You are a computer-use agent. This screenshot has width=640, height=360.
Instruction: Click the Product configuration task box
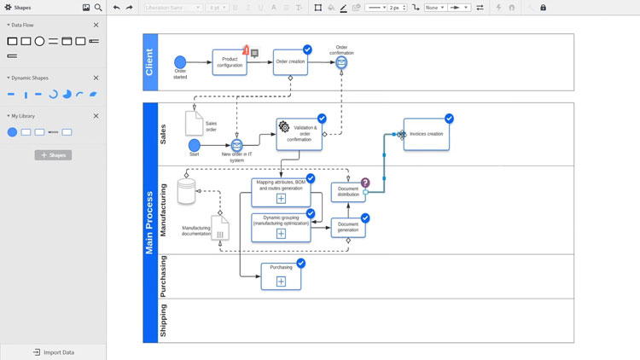pyautogui.click(x=230, y=63)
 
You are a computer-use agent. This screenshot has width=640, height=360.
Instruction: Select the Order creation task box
pyautogui.click(x=290, y=62)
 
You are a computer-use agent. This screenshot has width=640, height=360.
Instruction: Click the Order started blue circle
pyautogui.click(x=180, y=62)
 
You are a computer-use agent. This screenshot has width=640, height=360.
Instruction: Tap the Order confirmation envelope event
pyautogui.click(x=341, y=62)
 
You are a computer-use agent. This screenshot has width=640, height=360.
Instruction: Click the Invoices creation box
pyautogui.click(x=426, y=134)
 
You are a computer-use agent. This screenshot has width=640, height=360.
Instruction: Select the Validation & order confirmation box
pyautogui.click(x=300, y=134)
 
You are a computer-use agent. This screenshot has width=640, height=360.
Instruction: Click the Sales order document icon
pyautogui.click(x=194, y=123)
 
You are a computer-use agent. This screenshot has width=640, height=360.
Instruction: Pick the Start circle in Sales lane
pyautogui.click(x=195, y=146)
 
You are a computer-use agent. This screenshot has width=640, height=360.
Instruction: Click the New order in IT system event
pyautogui.click(x=237, y=146)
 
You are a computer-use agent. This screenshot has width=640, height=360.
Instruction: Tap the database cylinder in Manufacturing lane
pyautogui.click(x=186, y=191)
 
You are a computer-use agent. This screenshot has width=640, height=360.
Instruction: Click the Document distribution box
pyautogui.click(x=348, y=192)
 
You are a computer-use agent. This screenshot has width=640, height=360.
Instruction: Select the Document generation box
pyautogui.click(x=348, y=227)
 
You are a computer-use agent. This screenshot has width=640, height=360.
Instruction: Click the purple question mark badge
pyautogui.click(x=365, y=183)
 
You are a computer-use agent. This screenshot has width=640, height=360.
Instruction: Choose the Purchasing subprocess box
pyautogui.click(x=281, y=276)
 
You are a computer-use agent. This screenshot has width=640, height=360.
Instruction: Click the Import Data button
pyautogui.click(x=53, y=351)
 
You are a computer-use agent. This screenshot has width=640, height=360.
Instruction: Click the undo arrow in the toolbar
pyautogui.click(x=117, y=8)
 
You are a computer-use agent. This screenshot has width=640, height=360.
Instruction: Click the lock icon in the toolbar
pyautogui.click(x=543, y=8)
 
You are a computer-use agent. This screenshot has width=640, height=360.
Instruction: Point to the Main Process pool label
pyautogui.click(x=150, y=222)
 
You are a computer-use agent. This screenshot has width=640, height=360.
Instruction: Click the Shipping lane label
pyautogui.click(x=164, y=321)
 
